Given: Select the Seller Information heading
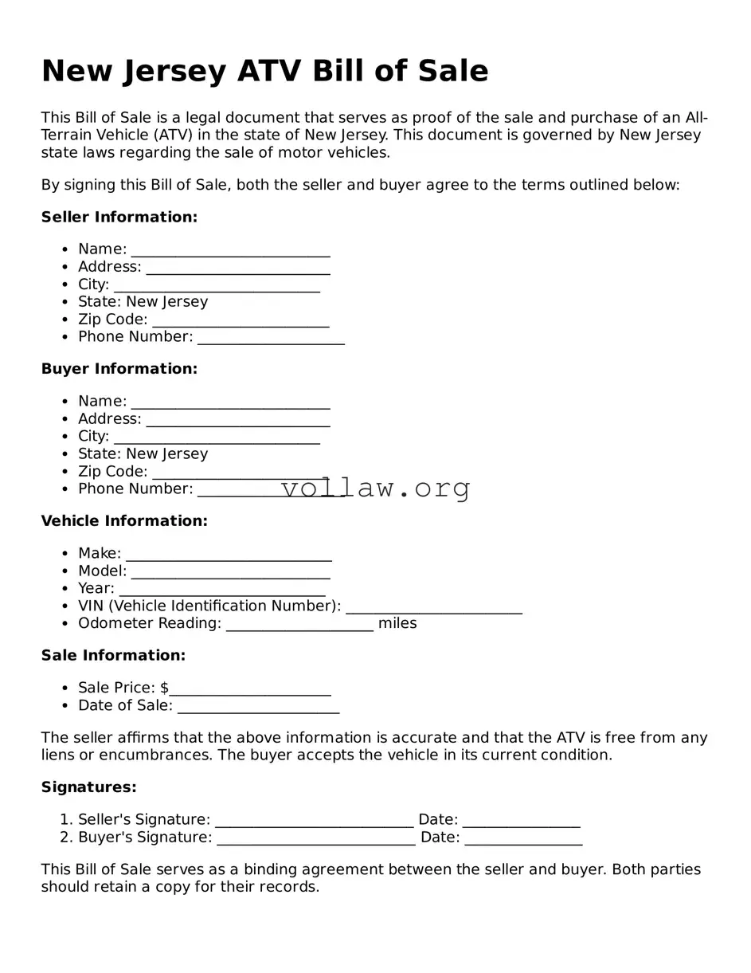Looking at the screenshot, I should tap(119, 217).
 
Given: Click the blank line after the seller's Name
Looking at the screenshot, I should tap(230, 251).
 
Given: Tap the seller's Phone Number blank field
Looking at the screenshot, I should tap(271, 339).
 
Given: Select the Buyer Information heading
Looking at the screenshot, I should tap(119, 369).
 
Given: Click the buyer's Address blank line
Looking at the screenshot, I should tap(237, 421).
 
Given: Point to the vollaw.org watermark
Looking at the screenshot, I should tap(376, 488).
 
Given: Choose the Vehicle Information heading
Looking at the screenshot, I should tap(124, 521).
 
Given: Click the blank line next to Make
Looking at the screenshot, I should tap(229, 555).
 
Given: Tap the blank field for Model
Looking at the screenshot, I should tap(230, 573).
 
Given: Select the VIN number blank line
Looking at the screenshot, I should tap(434, 608).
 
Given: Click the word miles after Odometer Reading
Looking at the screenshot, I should tap(397, 623).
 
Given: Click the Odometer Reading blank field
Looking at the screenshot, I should tap(299, 626).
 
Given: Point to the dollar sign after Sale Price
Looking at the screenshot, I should tap(164, 688).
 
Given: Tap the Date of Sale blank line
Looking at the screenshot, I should tap(258, 708).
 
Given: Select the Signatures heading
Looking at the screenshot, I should tap(89, 787).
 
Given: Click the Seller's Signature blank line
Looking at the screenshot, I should tap(315, 822).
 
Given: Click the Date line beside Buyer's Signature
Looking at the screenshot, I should tap(523, 839).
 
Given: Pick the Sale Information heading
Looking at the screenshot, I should tap(113, 656).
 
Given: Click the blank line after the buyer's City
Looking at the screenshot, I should tap(217, 438).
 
